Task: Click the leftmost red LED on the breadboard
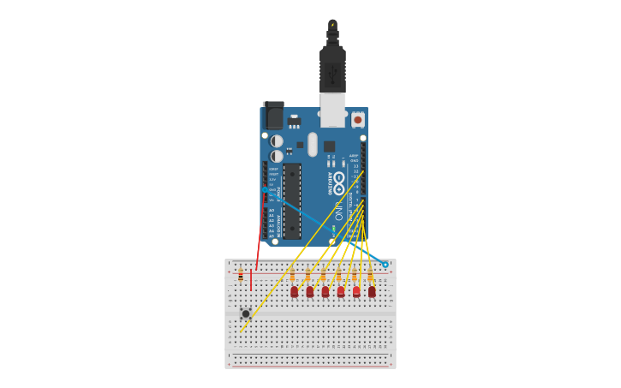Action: (294, 291)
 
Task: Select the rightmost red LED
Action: (372, 291)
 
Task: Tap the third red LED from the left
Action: (325, 291)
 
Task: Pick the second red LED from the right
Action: (356, 291)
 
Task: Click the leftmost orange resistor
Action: (292, 276)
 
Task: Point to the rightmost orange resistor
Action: (370, 276)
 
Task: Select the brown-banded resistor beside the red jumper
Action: (241, 275)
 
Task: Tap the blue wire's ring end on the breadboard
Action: (385, 265)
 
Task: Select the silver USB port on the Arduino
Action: (332, 109)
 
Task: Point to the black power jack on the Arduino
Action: (273, 116)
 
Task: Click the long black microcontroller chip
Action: (292, 200)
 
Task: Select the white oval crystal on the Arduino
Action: (313, 144)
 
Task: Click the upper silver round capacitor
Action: (277, 140)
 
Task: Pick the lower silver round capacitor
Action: (277, 156)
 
